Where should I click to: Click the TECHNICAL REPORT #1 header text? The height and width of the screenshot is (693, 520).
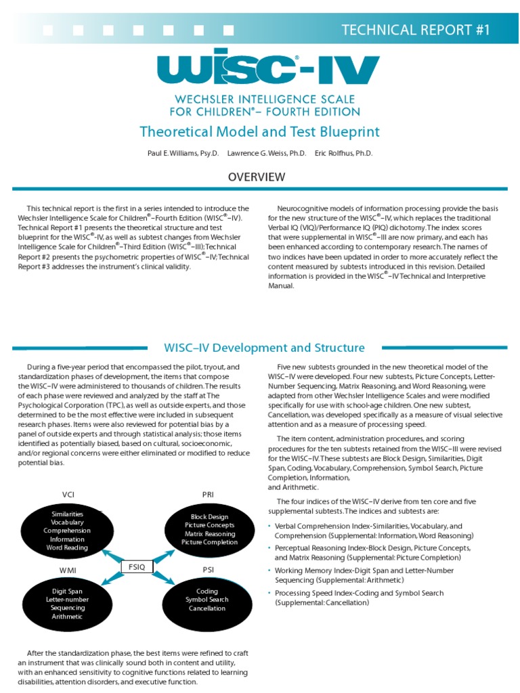click(x=415, y=29)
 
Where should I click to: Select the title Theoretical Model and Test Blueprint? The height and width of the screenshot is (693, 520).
click(x=259, y=131)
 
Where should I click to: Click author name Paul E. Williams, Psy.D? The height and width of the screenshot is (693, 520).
click(x=183, y=154)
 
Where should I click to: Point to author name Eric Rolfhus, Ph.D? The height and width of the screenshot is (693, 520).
click(x=343, y=154)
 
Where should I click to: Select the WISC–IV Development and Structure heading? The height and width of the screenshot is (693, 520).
click(x=264, y=348)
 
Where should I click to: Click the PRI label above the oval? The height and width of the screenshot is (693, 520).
click(x=209, y=494)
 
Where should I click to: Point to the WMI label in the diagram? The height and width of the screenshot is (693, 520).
click(x=67, y=570)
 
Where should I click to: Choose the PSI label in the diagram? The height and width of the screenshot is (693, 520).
click(x=209, y=570)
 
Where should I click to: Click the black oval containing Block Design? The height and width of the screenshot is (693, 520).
click(x=208, y=529)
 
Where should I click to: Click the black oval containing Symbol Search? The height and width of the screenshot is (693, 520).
click(x=208, y=600)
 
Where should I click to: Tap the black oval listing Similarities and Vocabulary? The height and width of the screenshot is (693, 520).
click(x=67, y=531)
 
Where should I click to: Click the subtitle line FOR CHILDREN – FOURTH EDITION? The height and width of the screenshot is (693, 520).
click(x=265, y=111)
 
